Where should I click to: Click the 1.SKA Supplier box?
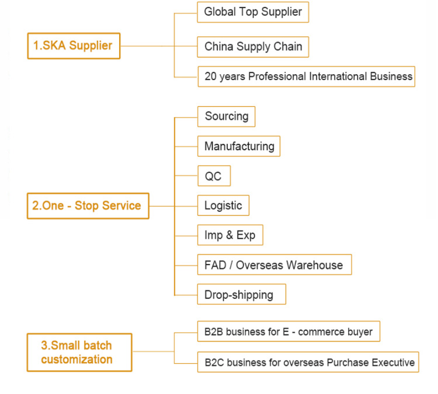74,46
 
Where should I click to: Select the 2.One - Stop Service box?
88,205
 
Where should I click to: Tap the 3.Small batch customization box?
79,352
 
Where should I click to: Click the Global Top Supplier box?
253,12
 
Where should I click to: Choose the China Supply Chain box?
253,47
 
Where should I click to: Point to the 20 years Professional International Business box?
307,76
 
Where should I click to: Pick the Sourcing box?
227,116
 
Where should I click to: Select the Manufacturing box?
239,146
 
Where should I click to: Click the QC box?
213,176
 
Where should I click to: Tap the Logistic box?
223,205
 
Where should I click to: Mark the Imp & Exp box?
230,235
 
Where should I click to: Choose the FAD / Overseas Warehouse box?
274,265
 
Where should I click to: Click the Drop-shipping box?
242,294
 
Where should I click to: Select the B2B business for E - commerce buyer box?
288,332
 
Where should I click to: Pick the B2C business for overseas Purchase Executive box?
307,362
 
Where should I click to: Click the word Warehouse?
314,265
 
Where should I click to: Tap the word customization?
77,360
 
